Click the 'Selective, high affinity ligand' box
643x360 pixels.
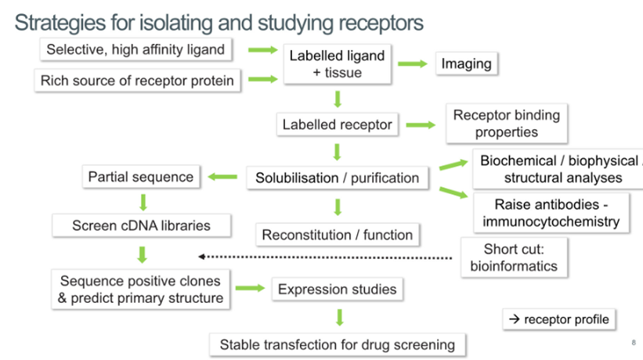[135, 49]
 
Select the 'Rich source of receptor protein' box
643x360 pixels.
[137, 80]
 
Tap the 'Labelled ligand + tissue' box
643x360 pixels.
[337, 64]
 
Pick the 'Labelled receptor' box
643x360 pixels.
[337, 124]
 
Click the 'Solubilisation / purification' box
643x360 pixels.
[337, 178]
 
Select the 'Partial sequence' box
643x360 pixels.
[140, 177]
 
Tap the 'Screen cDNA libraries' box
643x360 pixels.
[141, 225]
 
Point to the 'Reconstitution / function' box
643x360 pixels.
[337, 234]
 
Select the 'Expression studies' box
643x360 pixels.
[337, 290]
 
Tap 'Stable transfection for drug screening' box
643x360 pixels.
[337, 344]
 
